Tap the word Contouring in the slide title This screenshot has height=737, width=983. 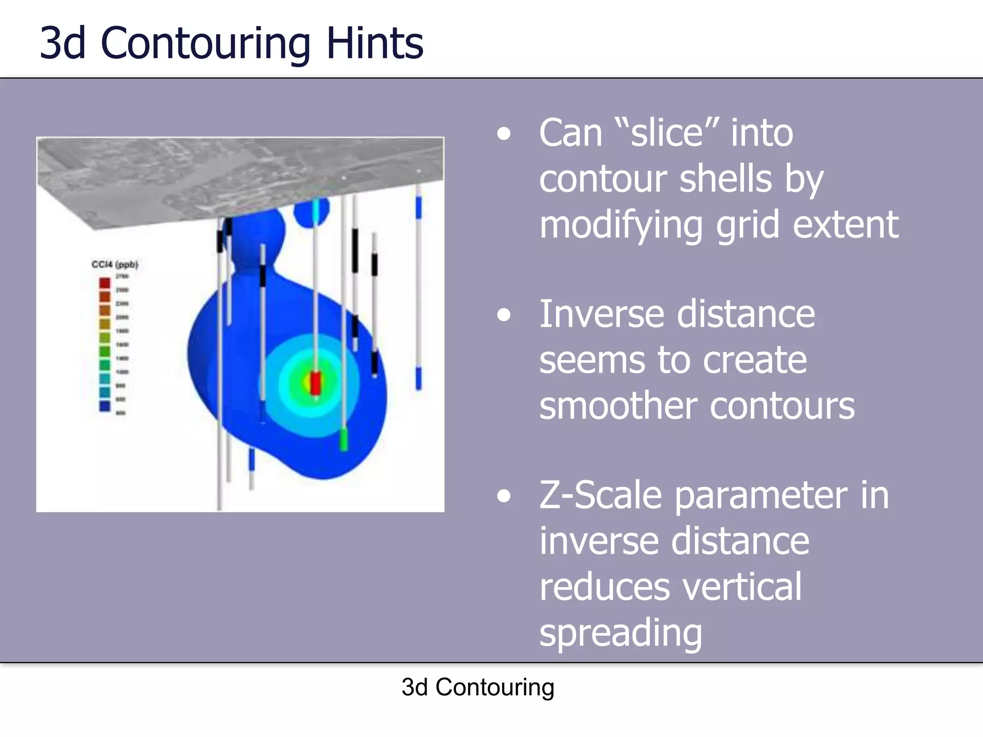(x=205, y=44)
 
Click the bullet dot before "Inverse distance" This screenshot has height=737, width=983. (x=503, y=315)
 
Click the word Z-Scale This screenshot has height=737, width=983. (x=600, y=495)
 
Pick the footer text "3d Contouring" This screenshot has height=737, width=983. (x=478, y=687)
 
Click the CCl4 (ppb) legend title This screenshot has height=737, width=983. (x=115, y=264)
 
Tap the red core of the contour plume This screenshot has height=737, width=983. (x=315, y=383)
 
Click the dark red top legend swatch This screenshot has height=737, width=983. (x=105, y=283)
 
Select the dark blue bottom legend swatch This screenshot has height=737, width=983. (x=105, y=406)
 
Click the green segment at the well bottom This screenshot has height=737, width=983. (x=344, y=439)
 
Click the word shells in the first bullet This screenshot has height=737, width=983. (x=726, y=178)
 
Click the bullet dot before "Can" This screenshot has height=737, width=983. (x=503, y=134)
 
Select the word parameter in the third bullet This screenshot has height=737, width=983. (x=761, y=495)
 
